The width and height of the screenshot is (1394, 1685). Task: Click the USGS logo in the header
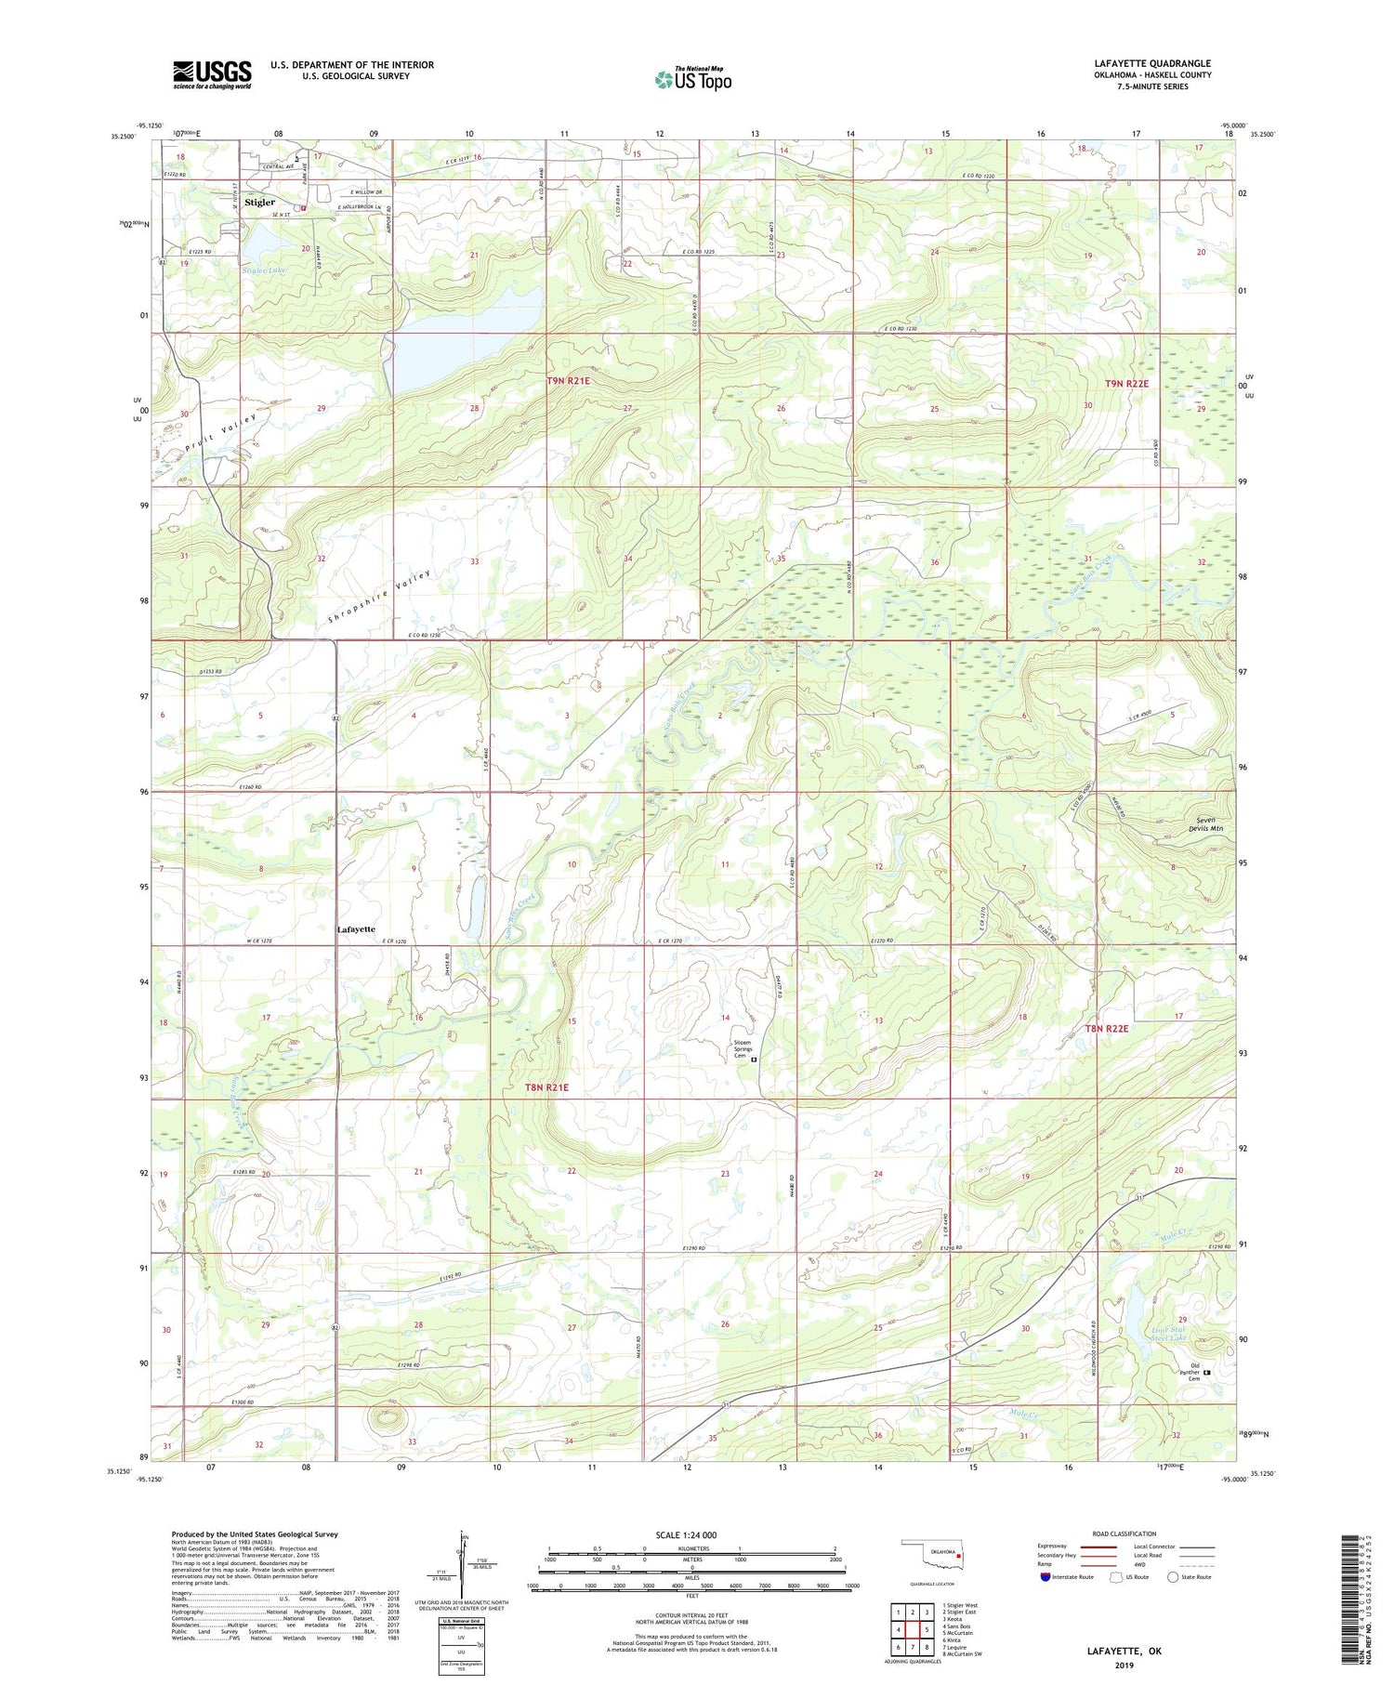(x=212, y=74)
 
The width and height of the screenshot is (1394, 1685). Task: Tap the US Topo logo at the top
(x=692, y=80)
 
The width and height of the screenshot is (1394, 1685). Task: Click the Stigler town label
(x=260, y=202)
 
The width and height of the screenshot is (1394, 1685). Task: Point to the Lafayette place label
(x=356, y=928)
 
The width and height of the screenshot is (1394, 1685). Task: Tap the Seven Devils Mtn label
(x=1209, y=823)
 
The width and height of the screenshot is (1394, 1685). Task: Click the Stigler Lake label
(x=264, y=270)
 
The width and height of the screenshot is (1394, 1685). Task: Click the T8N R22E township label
(x=1106, y=1028)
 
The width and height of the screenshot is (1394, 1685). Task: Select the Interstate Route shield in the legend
(x=1045, y=1577)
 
